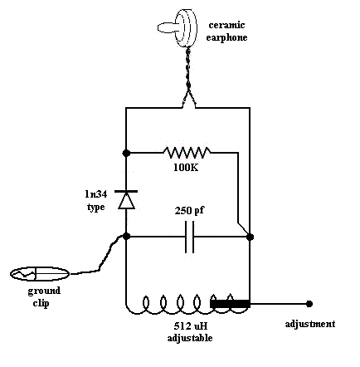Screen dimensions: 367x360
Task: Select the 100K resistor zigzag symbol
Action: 187,152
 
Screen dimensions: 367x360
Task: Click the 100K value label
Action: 186,167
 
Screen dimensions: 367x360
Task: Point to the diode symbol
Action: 126,199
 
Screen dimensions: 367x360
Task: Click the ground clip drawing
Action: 38,272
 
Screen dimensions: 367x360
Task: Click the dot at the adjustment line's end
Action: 309,304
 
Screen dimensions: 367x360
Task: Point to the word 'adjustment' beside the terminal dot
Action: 309,323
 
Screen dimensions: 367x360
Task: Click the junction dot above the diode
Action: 126,153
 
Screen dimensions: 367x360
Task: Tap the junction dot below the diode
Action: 126,237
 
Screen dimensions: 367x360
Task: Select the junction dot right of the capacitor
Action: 250,237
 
